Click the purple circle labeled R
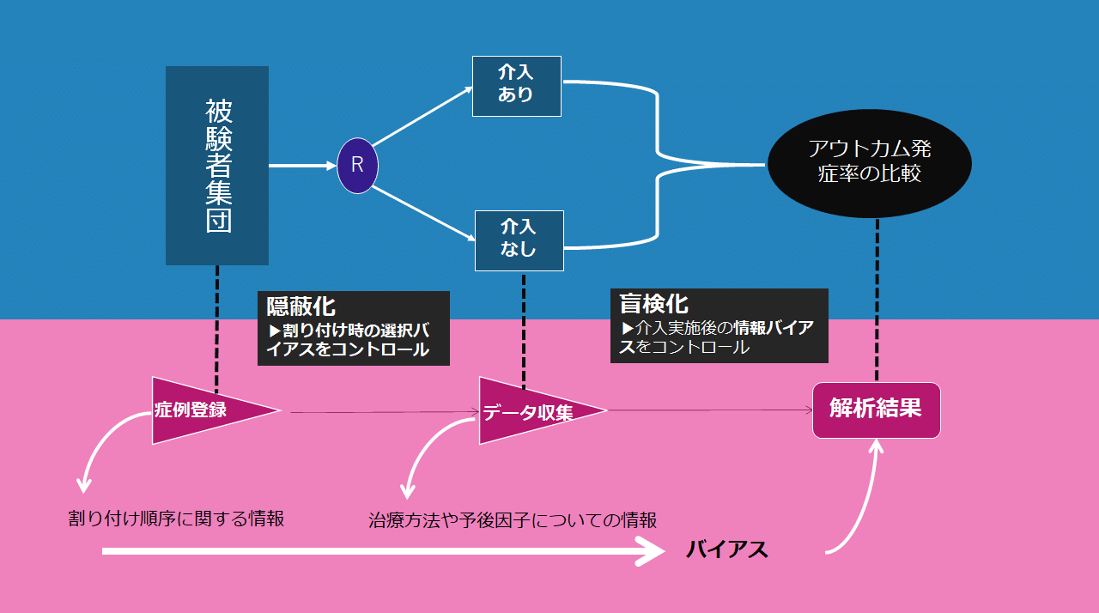point(358,166)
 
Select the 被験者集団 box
point(217,166)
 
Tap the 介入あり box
point(517,87)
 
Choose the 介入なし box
point(519,240)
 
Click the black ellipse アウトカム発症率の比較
point(870,163)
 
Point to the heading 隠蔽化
point(301,306)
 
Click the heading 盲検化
point(653,304)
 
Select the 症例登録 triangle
point(216,410)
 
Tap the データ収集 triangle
point(543,410)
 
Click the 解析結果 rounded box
point(877,410)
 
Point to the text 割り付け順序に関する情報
point(176,519)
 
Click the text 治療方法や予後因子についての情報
point(513,520)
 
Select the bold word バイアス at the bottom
point(727,549)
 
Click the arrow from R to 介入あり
point(422,117)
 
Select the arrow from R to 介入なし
point(423,213)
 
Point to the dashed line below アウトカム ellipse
point(877,300)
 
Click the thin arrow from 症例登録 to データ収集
point(385,412)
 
